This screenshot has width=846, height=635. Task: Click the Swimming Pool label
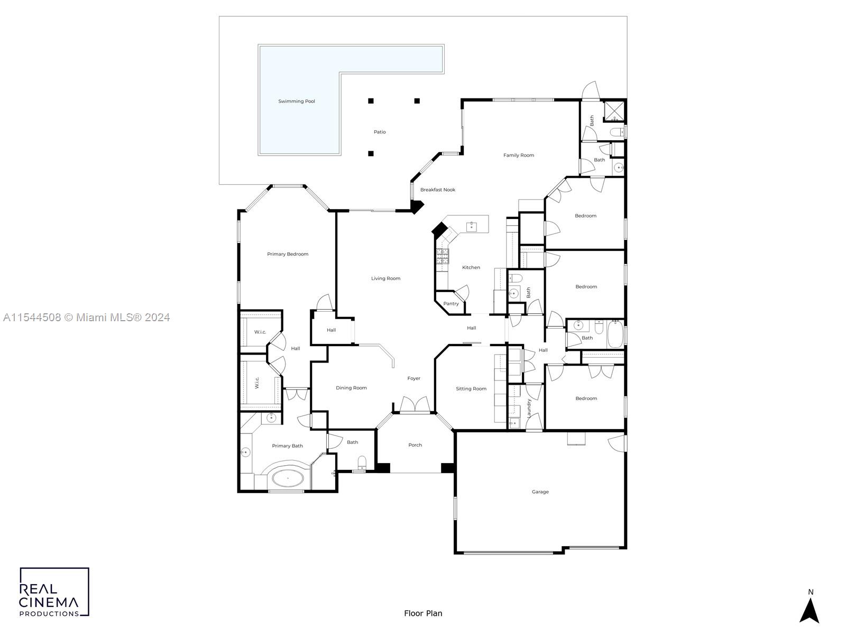pyautogui.click(x=297, y=102)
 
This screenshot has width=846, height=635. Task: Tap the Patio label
pyautogui.click(x=380, y=132)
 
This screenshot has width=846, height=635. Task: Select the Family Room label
pyautogui.click(x=518, y=156)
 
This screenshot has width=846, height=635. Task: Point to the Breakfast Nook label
pyautogui.click(x=437, y=189)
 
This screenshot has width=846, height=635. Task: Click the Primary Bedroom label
pyautogui.click(x=288, y=254)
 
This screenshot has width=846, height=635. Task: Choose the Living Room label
pyautogui.click(x=385, y=278)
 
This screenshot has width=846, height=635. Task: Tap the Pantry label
pyautogui.click(x=451, y=304)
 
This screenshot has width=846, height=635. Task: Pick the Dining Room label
pyautogui.click(x=351, y=388)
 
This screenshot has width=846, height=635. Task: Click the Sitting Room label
pyautogui.click(x=471, y=388)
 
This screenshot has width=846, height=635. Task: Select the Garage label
pyautogui.click(x=540, y=492)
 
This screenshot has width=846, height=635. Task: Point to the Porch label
pyautogui.click(x=415, y=445)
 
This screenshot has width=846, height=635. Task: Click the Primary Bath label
pyautogui.click(x=287, y=446)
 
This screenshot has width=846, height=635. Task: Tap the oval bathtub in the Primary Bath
pyautogui.click(x=288, y=478)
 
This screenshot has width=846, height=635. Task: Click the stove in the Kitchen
pyautogui.click(x=442, y=257)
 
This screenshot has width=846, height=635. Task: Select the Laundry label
pyautogui.click(x=529, y=409)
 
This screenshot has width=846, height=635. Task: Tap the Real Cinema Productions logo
pyautogui.click(x=54, y=592)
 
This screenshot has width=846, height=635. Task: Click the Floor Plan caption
pyautogui.click(x=423, y=614)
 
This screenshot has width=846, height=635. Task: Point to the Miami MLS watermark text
pyautogui.click(x=86, y=317)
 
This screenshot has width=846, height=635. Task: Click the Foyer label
pyautogui.click(x=413, y=378)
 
